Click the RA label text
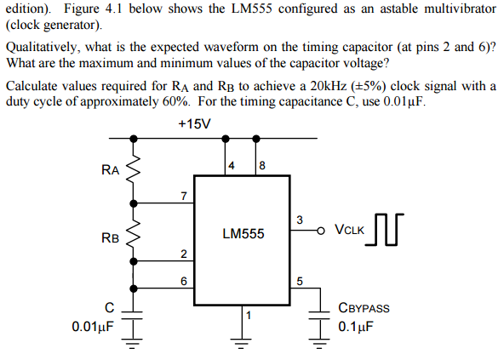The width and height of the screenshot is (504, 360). click(x=110, y=170)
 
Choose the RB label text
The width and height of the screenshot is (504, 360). click(x=110, y=237)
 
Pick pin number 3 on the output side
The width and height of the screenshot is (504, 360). click(x=299, y=220)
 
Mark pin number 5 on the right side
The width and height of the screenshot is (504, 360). click(x=299, y=280)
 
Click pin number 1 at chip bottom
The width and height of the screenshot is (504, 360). click(x=248, y=316)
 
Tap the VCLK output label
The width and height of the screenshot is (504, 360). click(x=349, y=230)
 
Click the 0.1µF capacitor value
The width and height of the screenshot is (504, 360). click(x=356, y=327)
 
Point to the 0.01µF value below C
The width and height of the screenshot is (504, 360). click(x=92, y=325)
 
